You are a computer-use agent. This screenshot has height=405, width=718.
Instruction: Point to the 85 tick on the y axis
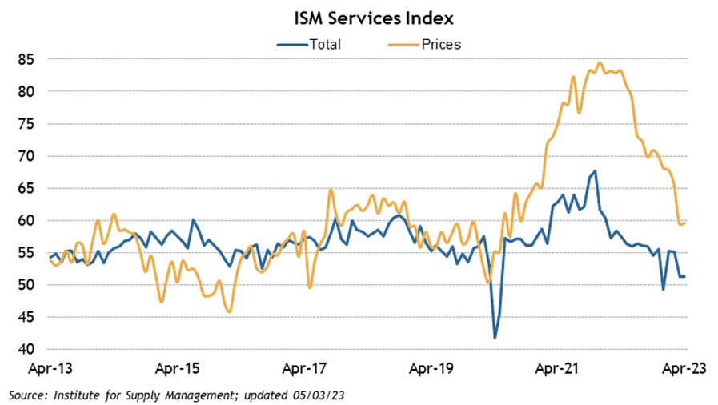point(26,59)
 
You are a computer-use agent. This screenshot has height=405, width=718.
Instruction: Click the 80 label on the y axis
point(26,91)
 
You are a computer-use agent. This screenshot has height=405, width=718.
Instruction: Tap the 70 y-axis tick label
point(26,156)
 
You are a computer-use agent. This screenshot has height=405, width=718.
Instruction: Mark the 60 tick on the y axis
point(26,220)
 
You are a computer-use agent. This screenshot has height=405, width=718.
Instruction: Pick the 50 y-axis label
point(26,285)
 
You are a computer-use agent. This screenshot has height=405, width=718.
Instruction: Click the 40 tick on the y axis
point(26,349)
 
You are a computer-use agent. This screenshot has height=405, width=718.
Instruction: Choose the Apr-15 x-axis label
point(176,371)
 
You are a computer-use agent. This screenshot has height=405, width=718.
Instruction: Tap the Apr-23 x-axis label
point(680,371)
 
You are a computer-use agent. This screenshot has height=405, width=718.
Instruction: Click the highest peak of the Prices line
point(600,62)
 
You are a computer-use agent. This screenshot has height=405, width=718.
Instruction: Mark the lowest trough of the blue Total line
point(495,338)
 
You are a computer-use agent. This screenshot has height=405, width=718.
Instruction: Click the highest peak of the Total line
point(595,170)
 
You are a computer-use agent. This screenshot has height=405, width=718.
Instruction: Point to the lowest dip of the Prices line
point(230,311)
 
